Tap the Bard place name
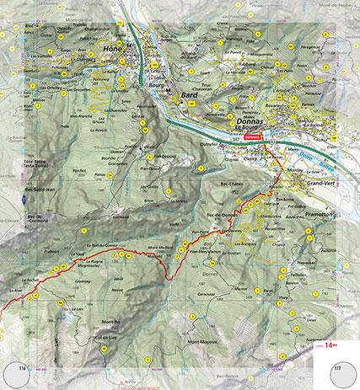point(190,98)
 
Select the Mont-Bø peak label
point(111,322)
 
